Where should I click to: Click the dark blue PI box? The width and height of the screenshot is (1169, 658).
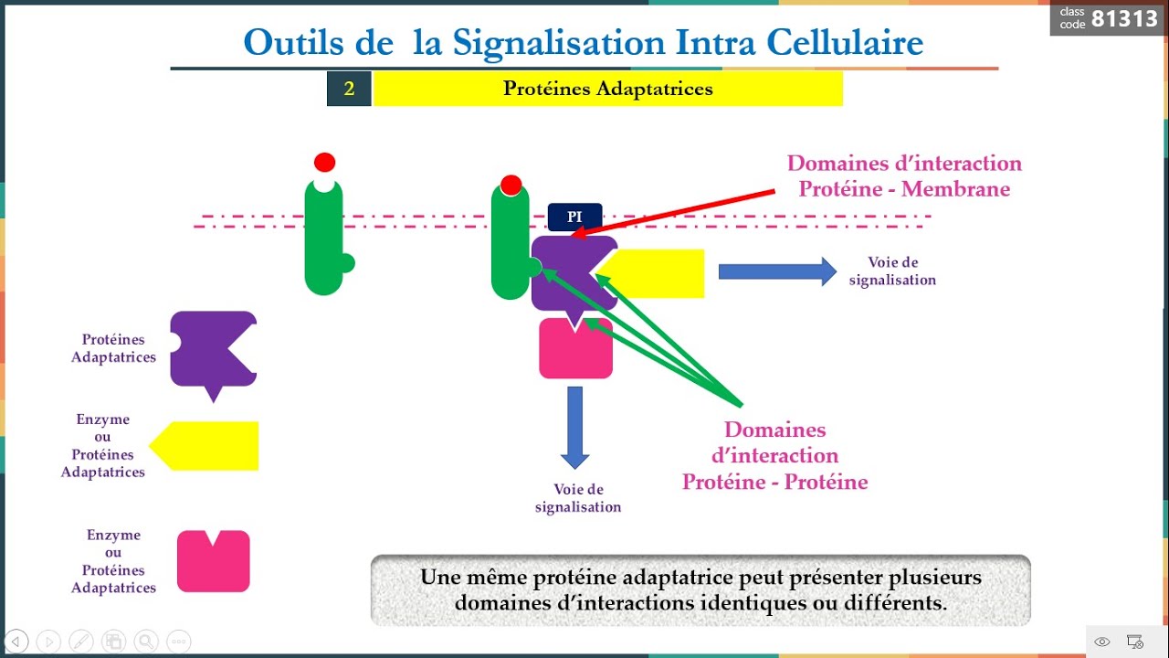tap(574, 217)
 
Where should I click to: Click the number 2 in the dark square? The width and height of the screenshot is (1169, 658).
tap(349, 89)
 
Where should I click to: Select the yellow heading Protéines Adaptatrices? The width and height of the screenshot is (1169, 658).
tap(607, 89)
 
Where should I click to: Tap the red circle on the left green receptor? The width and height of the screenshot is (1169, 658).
tap(324, 163)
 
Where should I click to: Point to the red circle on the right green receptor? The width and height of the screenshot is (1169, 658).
tap(511, 186)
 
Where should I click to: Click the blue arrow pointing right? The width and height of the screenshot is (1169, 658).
tap(777, 271)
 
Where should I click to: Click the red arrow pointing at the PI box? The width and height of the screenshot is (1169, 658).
tap(676, 212)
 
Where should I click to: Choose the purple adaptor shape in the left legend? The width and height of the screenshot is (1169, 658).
tap(210, 349)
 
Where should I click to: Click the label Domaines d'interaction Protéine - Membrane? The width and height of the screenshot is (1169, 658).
tap(904, 176)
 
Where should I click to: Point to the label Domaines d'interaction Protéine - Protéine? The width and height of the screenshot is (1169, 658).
tap(774, 455)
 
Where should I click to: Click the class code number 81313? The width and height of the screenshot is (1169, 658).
tap(1124, 18)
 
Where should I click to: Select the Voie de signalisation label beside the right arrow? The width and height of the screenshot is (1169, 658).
tap(892, 271)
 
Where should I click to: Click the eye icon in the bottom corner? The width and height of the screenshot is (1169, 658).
tap(1102, 642)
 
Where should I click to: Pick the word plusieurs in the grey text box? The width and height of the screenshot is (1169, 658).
tap(932, 578)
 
